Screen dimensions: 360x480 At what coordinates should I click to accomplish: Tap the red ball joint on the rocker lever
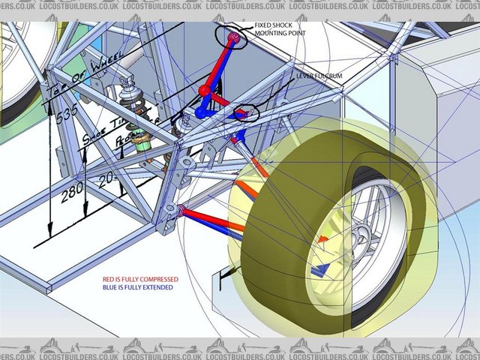(203, 91)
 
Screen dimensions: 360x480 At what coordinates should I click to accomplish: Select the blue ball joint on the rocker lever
(201, 111)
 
